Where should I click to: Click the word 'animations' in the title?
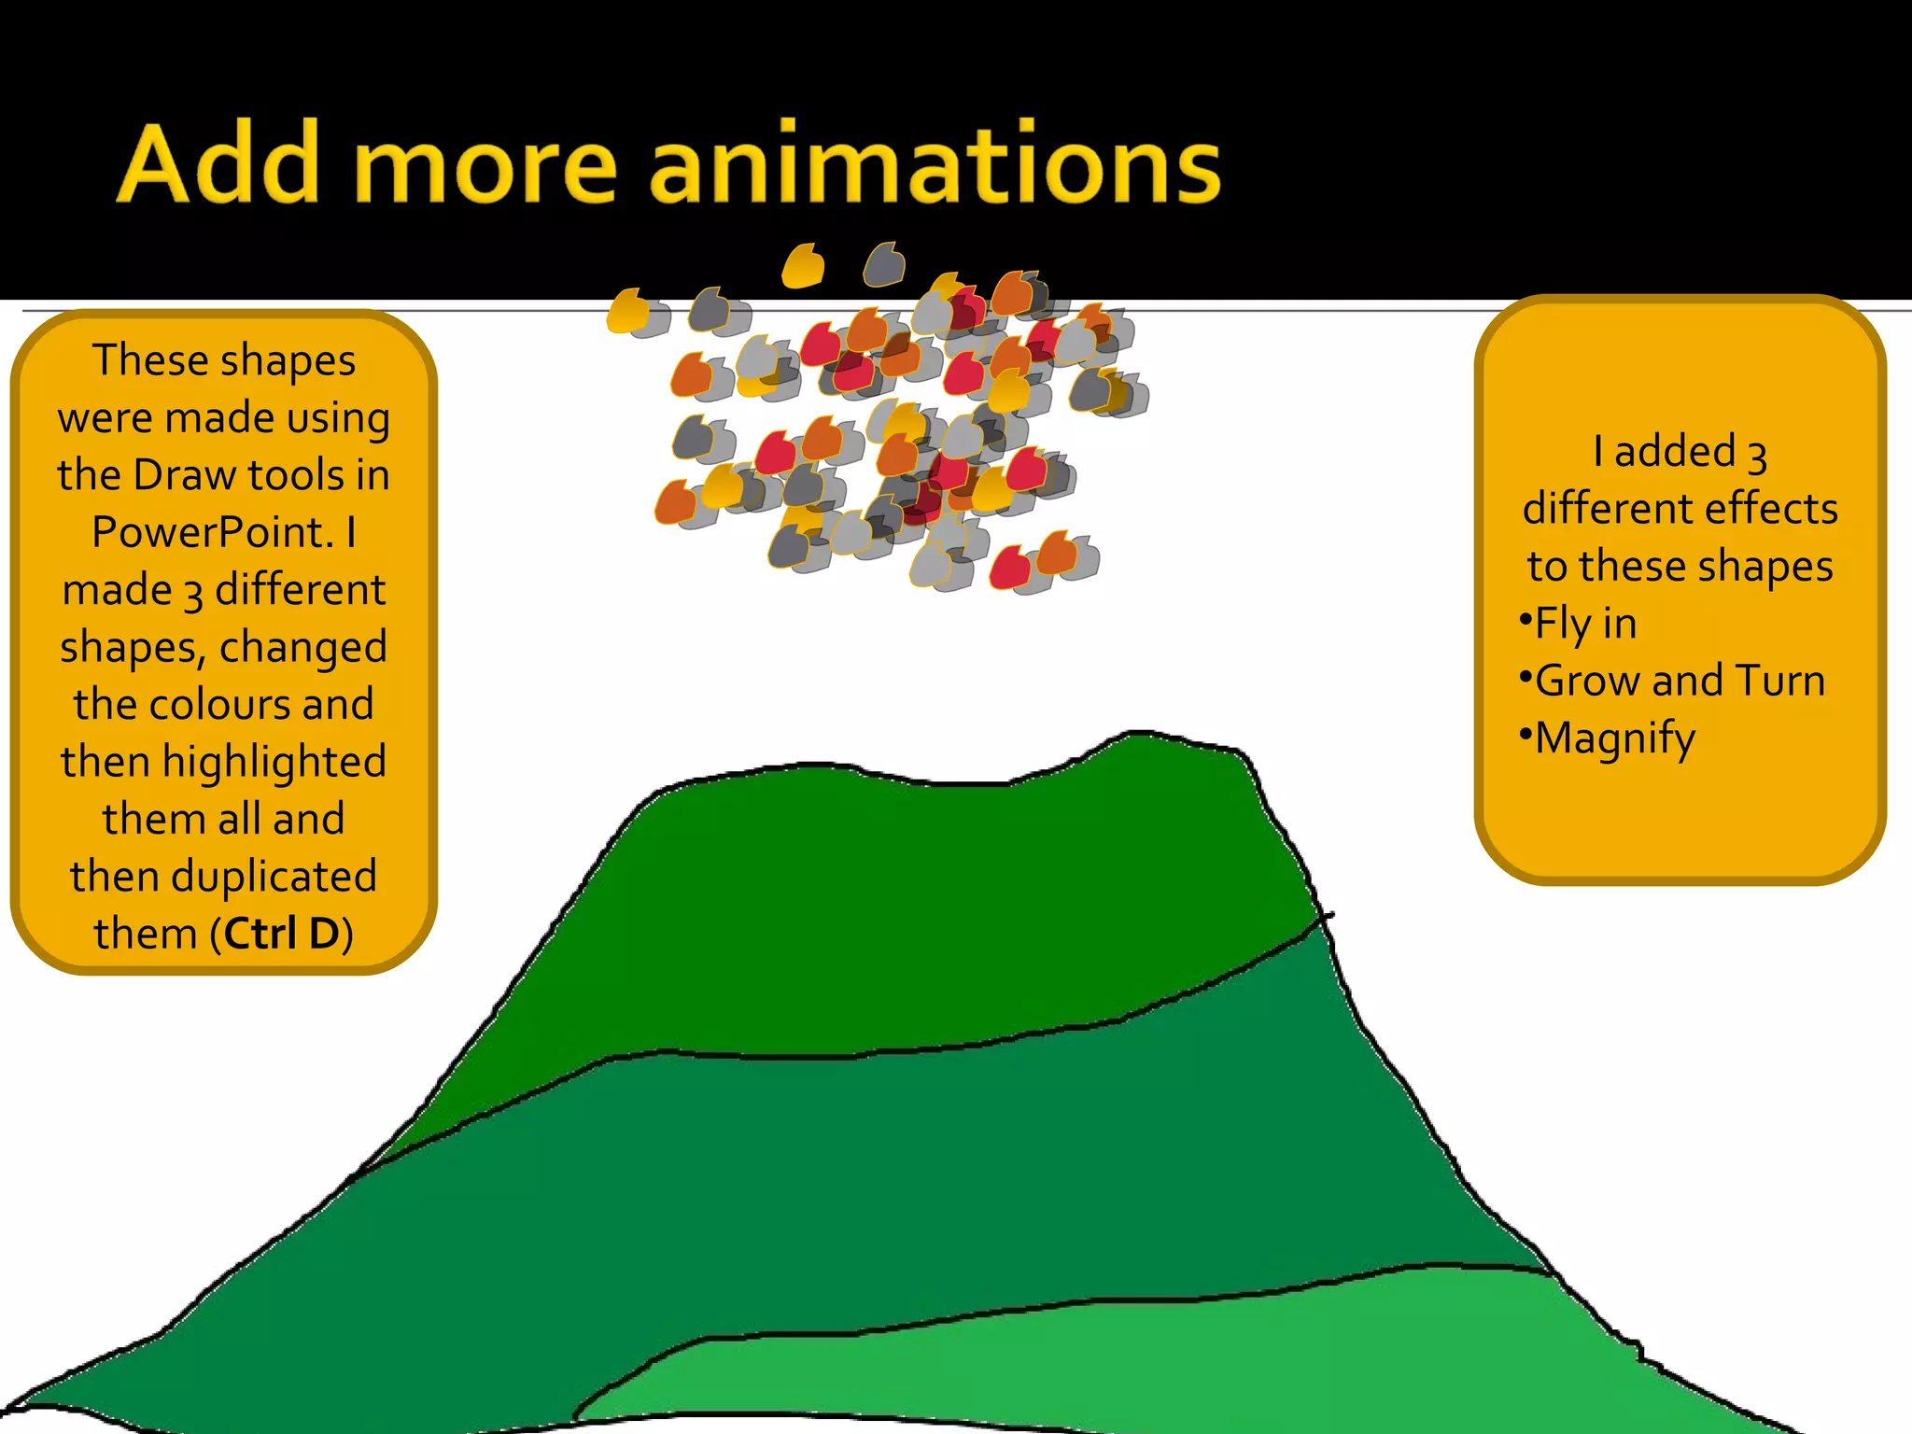coord(935,166)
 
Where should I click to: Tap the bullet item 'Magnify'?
coord(1614,738)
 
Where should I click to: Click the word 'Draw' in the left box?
coord(185,475)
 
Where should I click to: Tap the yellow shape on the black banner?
coord(803,267)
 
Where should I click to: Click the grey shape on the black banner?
coord(884,265)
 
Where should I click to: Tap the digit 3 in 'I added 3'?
coord(1756,455)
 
